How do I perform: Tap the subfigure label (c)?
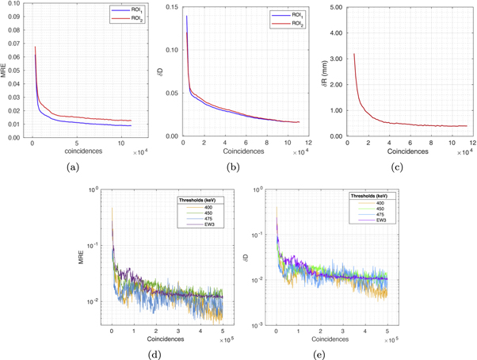click(404, 166)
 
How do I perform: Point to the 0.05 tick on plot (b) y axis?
click(171, 94)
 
